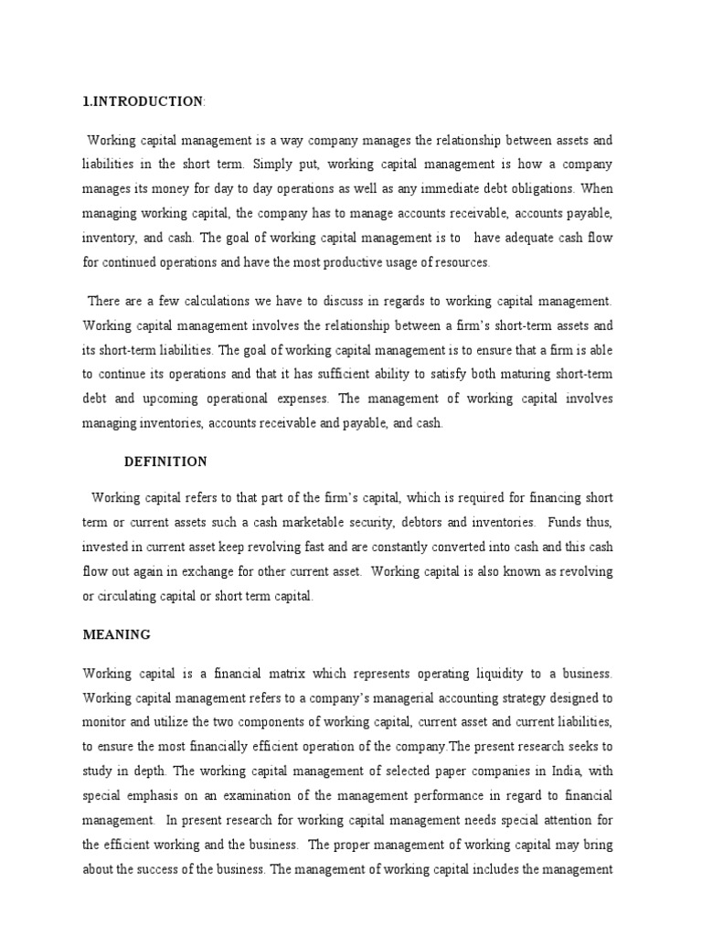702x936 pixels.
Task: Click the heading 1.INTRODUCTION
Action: click(143, 101)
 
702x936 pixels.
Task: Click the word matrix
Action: click(282, 675)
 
